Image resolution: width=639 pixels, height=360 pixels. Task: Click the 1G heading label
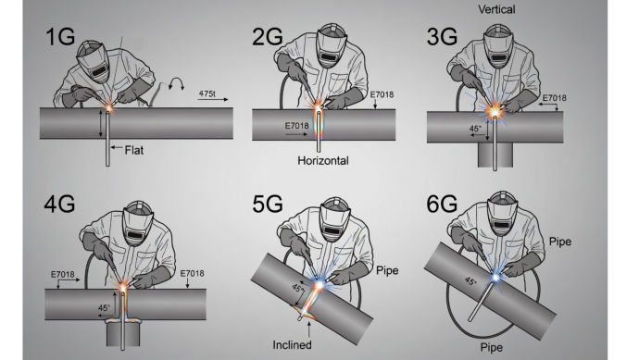coord(60,36)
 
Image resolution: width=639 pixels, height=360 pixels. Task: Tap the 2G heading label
coord(268,36)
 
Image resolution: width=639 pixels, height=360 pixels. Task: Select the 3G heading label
coord(442,36)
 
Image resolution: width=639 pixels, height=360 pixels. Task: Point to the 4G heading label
coord(59,204)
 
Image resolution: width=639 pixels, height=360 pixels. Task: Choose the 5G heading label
coord(268,204)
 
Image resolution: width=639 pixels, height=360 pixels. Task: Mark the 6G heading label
coord(442,204)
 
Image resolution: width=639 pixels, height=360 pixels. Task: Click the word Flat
coord(134,150)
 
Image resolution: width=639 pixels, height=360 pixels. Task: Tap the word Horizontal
coord(323,160)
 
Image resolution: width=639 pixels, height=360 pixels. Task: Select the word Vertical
coord(496,9)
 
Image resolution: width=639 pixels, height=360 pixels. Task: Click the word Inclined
coord(293,345)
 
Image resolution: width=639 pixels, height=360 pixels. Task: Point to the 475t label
coord(207,93)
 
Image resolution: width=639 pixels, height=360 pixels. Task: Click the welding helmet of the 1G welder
coord(94,60)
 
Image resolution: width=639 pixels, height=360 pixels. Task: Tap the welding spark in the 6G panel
coord(495,278)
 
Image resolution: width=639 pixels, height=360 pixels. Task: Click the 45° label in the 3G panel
coord(475,129)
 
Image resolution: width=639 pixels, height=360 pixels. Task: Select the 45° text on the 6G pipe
coord(470,281)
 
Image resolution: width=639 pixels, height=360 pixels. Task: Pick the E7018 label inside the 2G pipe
coord(296,126)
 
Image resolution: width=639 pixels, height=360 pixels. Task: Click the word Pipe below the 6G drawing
coord(492,347)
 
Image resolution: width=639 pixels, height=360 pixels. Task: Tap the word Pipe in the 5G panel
coord(387,270)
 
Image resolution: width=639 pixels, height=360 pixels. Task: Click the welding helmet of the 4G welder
coord(138,223)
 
